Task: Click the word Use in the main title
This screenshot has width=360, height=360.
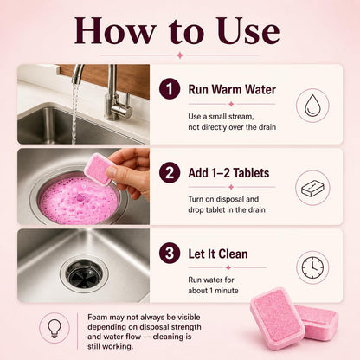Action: (247, 31)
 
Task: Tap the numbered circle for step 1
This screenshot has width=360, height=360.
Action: (170, 89)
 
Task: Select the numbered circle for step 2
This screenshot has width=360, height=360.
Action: (170, 172)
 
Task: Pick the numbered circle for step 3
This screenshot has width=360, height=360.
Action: (170, 253)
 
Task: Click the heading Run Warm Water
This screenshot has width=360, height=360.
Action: (232, 89)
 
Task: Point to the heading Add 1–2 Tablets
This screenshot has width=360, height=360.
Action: (228, 173)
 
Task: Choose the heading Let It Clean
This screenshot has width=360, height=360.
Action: (218, 254)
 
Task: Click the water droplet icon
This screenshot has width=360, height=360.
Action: (312, 106)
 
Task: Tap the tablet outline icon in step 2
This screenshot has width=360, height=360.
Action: (312, 188)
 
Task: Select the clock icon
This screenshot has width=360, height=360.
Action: (312, 267)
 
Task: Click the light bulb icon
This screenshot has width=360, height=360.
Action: (55, 328)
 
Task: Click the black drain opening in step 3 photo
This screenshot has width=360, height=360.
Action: (84, 273)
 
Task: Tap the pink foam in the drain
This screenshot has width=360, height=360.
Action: (79, 201)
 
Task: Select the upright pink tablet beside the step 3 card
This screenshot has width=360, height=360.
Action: (277, 318)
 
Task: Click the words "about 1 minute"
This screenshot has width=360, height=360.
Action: (213, 291)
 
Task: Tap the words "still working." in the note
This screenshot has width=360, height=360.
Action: (111, 346)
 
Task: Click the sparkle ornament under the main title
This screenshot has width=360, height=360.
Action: (180, 55)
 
